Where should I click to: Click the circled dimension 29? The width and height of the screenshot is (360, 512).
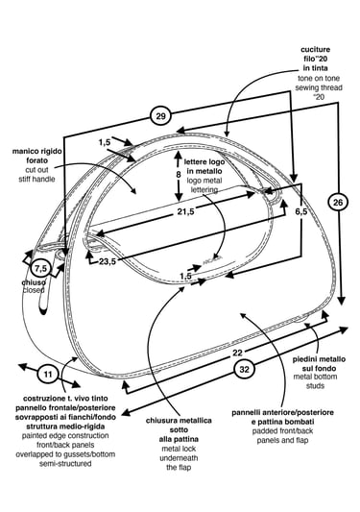[x=160, y=116]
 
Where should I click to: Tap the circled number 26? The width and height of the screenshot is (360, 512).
[x=338, y=203]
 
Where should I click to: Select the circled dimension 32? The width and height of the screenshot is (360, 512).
[x=244, y=369]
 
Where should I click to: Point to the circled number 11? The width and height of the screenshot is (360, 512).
[x=48, y=374]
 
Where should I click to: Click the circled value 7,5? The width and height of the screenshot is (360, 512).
[x=41, y=269]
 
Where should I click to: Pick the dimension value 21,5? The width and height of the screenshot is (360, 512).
[x=185, y=211]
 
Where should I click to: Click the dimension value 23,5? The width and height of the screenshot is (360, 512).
[x=108, y=261]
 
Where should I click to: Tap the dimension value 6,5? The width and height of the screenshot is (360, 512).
[x=301, y=211]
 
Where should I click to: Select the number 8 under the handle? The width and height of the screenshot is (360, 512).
[x=179, y=175]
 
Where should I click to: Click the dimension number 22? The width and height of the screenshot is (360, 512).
[x=238, y=353]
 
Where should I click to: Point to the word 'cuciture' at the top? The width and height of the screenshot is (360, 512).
[x=315, y=50]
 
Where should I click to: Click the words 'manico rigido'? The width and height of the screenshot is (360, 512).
[x=36, y=151]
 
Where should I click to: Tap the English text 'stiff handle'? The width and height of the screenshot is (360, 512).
[x=36, y=179]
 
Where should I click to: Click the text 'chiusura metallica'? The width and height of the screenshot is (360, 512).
[x=179, y=421]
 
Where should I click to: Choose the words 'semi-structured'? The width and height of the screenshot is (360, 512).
[x=65, y=464]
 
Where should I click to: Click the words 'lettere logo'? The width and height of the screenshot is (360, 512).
[x=204, y=161]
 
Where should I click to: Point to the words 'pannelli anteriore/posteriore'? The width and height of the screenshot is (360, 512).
[x=282, y=412]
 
